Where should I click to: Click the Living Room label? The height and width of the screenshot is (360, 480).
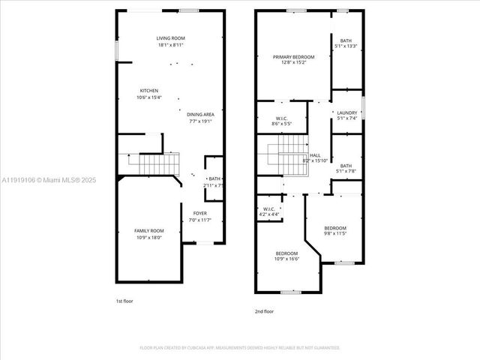click(x=170, y=38)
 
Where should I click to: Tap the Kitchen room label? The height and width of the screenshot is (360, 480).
click(x=148, y=91)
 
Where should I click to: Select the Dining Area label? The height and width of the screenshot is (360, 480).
click(x=200, y=115)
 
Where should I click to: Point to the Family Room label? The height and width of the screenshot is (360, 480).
click(x=148, y=231)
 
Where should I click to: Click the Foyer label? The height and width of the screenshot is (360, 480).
click(x=199, y=214)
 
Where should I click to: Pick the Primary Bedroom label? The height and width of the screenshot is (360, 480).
click(x=293, y=57)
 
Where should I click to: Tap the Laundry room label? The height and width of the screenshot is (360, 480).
click(x=346, y=113)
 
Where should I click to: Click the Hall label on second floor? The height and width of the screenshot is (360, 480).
click(x=315, y=155)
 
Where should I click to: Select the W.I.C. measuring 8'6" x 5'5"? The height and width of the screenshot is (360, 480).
click(x=281, y=118)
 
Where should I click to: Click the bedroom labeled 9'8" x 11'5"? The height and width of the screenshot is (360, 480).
click(x=335, y=228)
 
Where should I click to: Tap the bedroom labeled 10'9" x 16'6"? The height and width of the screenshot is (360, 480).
click(x=286, y=253)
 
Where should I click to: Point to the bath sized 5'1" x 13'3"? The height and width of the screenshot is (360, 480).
click(x=346, y=41)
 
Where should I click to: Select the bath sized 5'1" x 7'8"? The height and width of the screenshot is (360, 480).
click(x=346, y=166)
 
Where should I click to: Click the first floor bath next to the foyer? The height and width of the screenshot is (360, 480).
click(x=214, y=179)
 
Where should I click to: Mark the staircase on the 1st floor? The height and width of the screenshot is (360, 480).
click(x=155, y=160)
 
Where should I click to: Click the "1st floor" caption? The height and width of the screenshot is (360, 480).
click(x=124, y=300)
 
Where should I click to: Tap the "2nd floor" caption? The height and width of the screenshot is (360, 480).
click(x=264, y=311)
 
